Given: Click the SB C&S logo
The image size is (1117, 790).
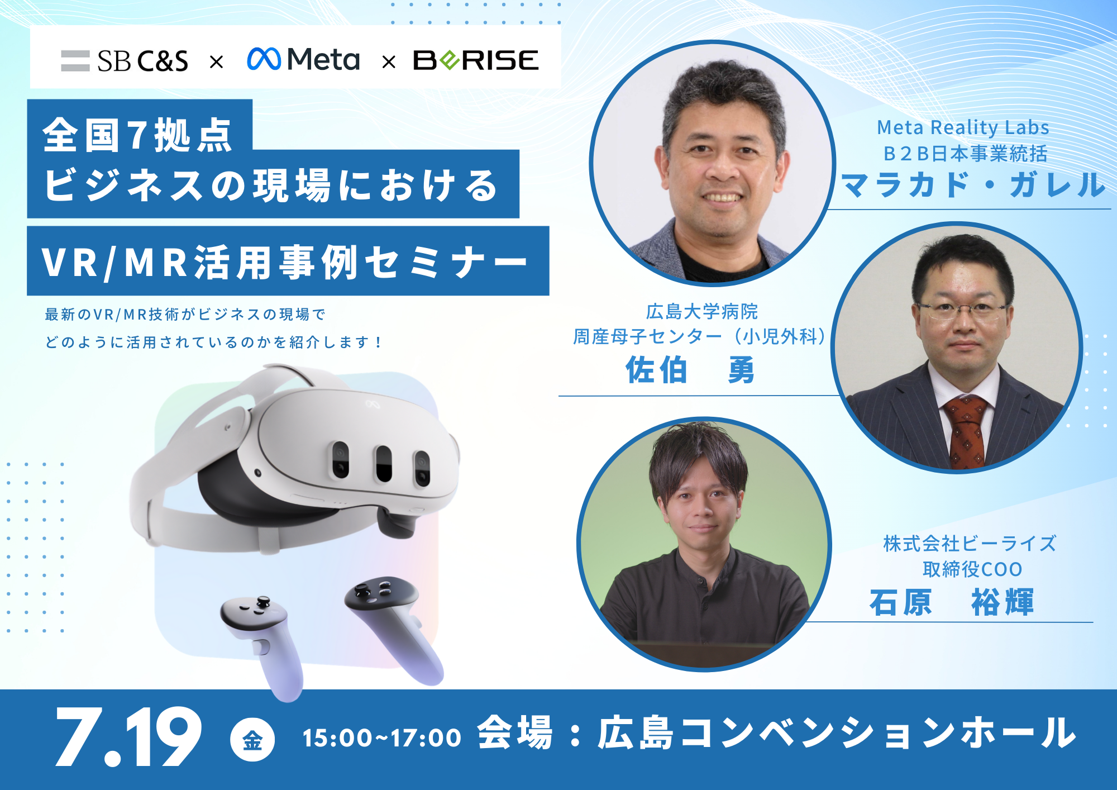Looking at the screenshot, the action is (125, 60).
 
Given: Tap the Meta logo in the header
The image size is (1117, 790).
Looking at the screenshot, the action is (303, 59).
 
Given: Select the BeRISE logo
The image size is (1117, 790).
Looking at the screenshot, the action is (476, 60).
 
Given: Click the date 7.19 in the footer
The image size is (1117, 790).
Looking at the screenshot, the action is (128, 737).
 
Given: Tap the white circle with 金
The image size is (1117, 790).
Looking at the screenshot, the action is (252, 739).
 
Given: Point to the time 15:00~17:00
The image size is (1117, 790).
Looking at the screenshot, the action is (382, 738).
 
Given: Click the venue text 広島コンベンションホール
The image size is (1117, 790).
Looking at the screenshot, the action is (836, 732).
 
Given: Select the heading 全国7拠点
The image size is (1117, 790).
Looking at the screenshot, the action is (137, 135).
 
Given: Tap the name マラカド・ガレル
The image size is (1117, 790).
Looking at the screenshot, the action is (972, 184).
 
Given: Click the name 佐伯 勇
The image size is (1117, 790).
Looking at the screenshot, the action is (690, 370).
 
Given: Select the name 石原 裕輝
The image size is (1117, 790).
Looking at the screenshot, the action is (951, 602).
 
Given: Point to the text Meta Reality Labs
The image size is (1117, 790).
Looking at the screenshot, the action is (963, 127).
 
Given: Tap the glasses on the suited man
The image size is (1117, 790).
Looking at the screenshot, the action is (962, 310).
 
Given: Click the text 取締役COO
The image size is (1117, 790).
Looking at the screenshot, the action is (972, 569).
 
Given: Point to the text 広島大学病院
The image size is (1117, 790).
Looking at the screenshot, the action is (702, 311).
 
